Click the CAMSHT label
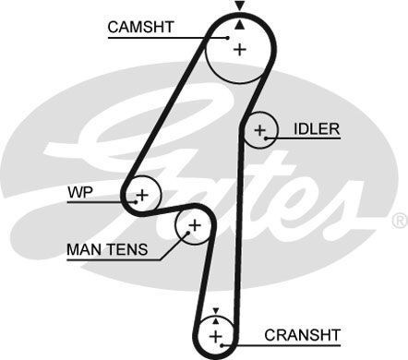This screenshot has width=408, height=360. click(x=141, y=27)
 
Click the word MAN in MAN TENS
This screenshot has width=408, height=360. click(x=81, y=249)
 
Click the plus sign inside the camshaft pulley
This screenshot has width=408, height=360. click(x=240, y=49)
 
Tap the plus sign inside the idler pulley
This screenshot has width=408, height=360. click(x=260, y=130)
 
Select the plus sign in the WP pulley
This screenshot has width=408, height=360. click(x=142, y=195)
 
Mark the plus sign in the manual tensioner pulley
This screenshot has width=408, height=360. click(x=194, y=225)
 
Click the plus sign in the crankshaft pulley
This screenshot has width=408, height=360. click(x=215, y=334)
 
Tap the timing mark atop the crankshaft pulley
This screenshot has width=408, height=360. click(x=215, y=312)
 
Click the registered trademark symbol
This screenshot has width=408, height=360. click(x=399, y=222)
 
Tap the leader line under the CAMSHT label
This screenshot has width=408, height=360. click(x=157, y=38)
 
